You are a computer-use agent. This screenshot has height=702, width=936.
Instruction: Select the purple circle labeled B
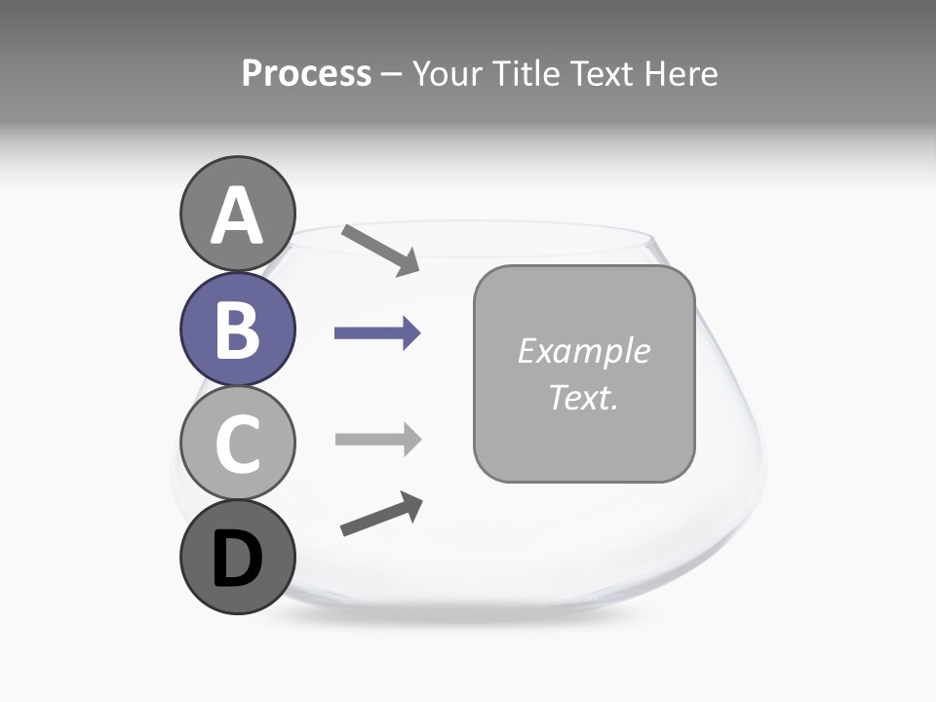pos(237,329)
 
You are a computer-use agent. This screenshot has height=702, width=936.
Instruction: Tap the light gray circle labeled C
pos(237,443)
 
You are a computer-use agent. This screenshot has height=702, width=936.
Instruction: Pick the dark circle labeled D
pos(237,557)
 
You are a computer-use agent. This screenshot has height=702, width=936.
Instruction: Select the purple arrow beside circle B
pos(377,333)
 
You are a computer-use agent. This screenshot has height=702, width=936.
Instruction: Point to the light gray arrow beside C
pos(377,439)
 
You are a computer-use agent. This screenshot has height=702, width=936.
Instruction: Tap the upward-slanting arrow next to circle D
pos(381,514)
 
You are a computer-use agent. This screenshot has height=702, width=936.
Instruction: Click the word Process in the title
pos(306,74)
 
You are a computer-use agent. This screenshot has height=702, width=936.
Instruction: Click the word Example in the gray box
pos(583,351)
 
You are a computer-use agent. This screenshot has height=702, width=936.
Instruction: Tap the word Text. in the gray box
pos(583,397)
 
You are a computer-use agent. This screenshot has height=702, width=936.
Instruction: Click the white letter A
pos(237,216)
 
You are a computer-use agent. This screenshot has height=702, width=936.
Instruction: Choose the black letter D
pos(237,560)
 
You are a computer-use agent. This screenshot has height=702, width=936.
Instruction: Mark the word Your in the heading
pos(447,74)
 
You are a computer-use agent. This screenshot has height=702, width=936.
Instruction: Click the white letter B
pos(237,331)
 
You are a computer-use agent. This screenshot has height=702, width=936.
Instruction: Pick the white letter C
pos(237,445)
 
